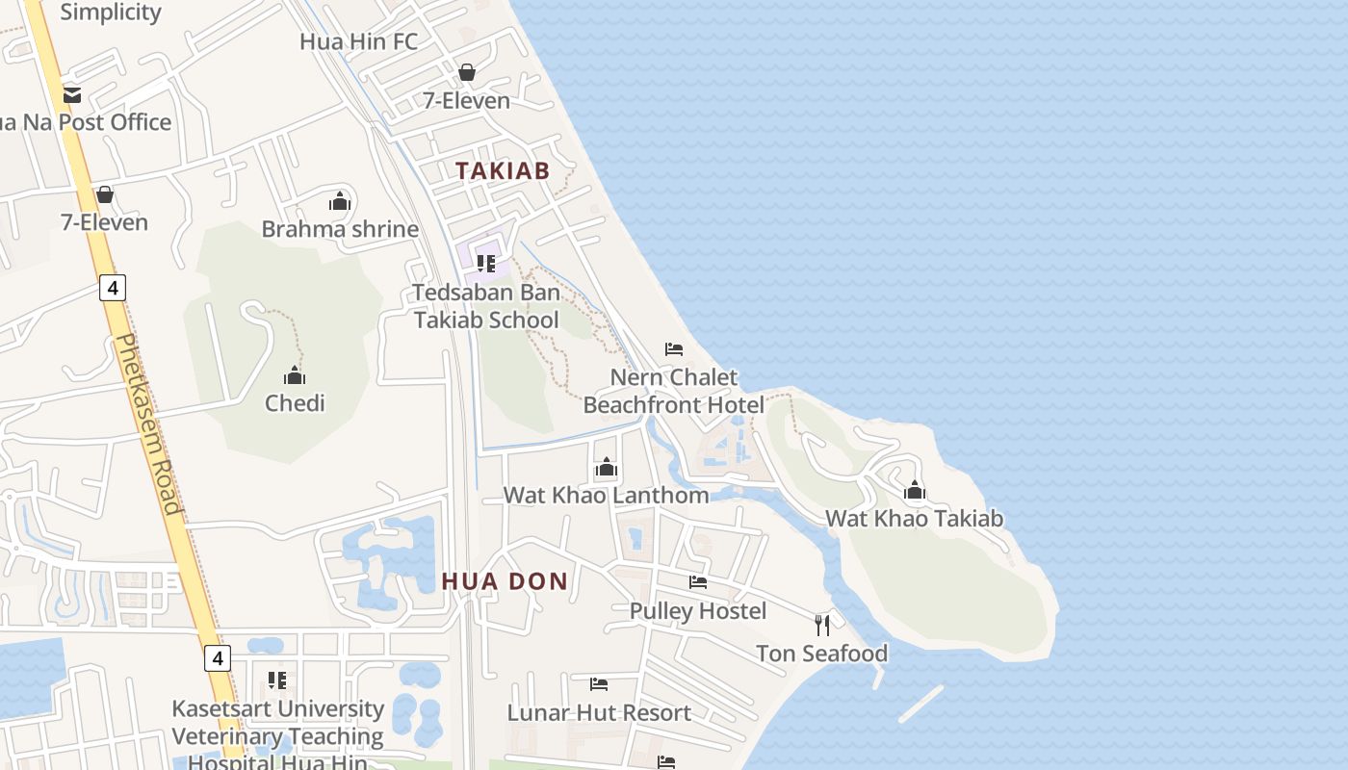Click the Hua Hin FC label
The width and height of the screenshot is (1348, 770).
pyautogui.click(x=358, y=41)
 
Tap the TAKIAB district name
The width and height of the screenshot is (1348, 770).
pyautogui.click(x=502, y=171)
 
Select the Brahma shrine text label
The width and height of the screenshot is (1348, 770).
pyautogui.click(x=340, y=229)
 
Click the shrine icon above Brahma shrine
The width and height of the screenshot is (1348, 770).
pyautogui.click(x=339, y=201)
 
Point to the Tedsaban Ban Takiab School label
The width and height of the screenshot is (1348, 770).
pyautogui.click(x=486, y=306)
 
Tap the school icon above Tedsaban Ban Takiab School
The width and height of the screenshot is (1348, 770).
pyautogui.click(x=486, y=263)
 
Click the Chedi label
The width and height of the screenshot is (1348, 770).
pyautogui.click(x=295, y=403)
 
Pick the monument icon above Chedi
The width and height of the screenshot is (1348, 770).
pyautogui.click(x=295, y=375)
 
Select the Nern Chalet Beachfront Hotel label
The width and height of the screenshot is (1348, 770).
pyautogui.click(x=674, y=391)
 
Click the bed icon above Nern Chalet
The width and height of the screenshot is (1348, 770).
pyautogui.click(x=674, y=348)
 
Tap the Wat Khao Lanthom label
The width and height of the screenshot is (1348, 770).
pyautogui.click(x=606, y=496)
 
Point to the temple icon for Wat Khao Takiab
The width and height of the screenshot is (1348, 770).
pyautogui.click(x=915, y=491)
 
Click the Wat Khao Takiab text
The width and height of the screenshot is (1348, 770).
pyautogui.click(x=914, y=519)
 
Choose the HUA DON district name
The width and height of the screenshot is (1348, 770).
pyautogui.click(x=505, y=581)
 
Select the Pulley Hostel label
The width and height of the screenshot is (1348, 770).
pyautogui.click(x=698, y=611)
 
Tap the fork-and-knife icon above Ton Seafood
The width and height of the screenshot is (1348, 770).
pyautogui.click(x=821, y=626)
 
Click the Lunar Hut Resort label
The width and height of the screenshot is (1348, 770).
pyautogui.click(x=599, y=713)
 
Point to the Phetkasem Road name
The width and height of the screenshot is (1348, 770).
pyautogui.click(x=148, y=423)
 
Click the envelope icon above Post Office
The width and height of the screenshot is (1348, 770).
pyautogui.click(x=72, y=95)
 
